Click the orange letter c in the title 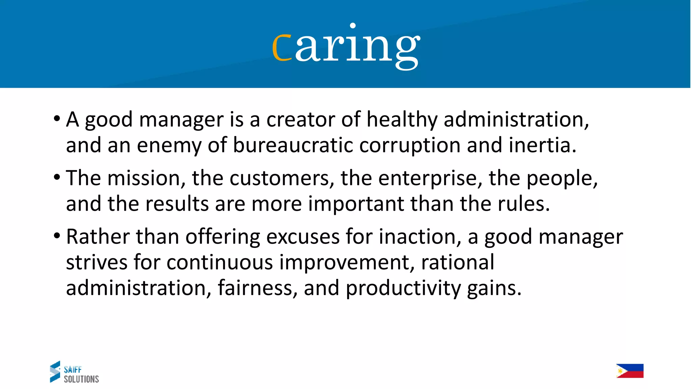282,47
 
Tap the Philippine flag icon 630,371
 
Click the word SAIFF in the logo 73,369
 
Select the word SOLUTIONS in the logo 81,379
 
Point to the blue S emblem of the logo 55,372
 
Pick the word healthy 402,120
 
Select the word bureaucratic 293,145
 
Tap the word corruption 410,145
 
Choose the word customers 282,178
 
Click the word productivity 403,288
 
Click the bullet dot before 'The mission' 57,177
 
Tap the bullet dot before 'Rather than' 57,235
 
